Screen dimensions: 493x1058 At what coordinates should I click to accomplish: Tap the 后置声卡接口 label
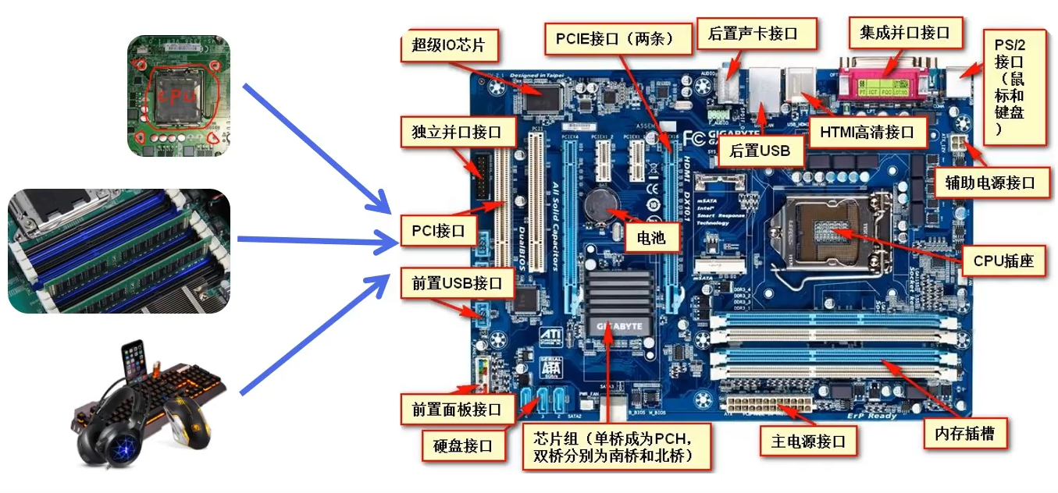(x=752, y=34)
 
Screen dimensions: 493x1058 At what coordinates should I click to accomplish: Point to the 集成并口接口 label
(x=904, y=33)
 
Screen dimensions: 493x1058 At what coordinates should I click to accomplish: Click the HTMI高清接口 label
(x=867, y=132)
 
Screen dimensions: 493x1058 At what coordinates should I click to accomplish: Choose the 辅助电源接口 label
(x=989, y=183)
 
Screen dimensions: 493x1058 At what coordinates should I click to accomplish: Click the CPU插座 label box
(x=1003, y=261)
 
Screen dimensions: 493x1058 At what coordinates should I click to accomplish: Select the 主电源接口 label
(x=808, y=442)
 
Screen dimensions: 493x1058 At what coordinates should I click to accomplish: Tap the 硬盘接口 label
(x=463, y=445)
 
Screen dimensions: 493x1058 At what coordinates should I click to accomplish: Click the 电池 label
(x=651, y=238)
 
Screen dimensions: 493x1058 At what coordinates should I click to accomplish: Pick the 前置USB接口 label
(x=457, y=283)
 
